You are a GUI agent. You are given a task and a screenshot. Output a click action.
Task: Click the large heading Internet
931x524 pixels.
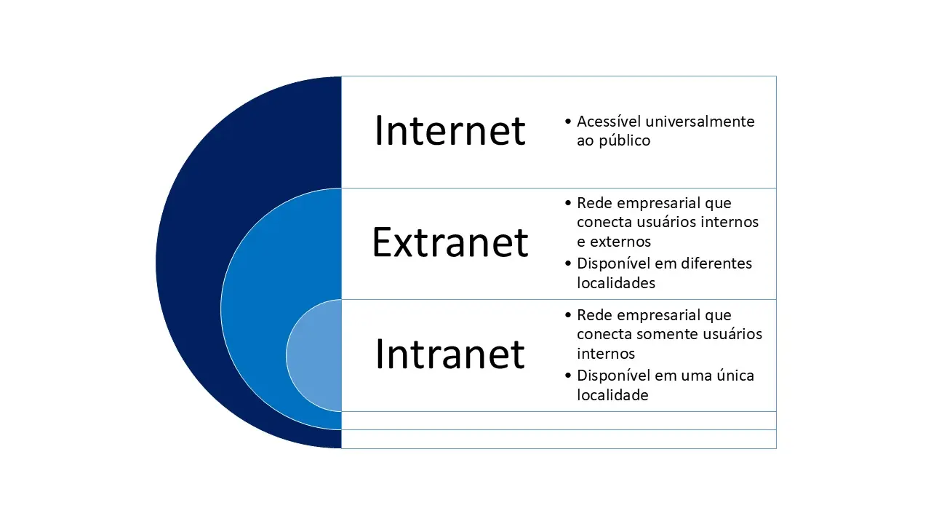449,131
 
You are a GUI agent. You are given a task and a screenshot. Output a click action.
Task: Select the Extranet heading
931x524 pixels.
449,242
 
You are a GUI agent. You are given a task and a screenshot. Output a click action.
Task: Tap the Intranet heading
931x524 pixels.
449,354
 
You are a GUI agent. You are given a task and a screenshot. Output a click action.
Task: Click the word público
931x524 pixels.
624,141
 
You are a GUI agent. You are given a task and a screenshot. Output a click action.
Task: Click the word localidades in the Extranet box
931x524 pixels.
615,282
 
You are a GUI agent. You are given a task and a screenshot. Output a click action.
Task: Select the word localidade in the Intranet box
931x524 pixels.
612,395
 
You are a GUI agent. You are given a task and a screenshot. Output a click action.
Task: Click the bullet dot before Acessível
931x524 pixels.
567,122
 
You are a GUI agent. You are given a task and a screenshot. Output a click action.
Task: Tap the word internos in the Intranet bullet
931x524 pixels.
606,354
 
